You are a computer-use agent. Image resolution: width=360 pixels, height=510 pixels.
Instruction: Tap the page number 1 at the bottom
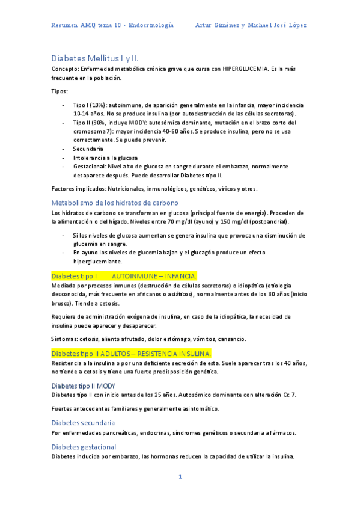click(179, 477)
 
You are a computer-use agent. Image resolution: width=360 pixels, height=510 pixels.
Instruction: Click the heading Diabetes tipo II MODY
click(84, 385)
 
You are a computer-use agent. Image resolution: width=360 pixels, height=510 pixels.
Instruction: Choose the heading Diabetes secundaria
click(83, 423)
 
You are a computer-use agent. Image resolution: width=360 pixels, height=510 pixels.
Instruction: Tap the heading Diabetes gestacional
click(84, 447)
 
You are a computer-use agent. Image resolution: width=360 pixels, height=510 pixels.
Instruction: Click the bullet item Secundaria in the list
click(88, 148)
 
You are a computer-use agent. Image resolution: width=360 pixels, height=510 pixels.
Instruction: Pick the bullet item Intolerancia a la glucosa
click(106, 157)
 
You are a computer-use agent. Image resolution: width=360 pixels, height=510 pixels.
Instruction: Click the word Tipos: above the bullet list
click(60, 91)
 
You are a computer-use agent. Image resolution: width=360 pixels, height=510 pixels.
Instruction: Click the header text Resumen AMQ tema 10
click(87, 25)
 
